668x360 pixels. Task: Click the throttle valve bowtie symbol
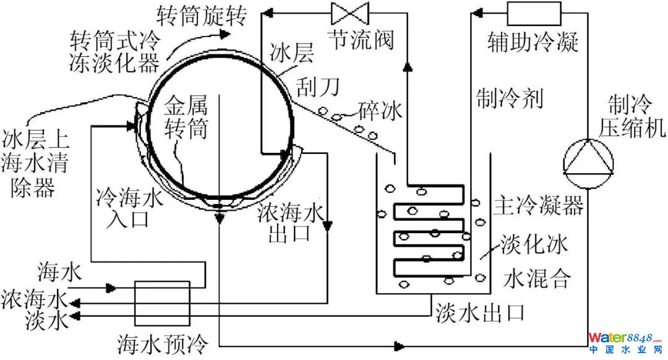[350, 12]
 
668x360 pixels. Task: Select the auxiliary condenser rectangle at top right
[534, 12]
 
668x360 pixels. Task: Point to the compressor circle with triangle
[589, 162]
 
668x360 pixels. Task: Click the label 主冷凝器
[538, 206]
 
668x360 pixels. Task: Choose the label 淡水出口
[480, 311]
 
